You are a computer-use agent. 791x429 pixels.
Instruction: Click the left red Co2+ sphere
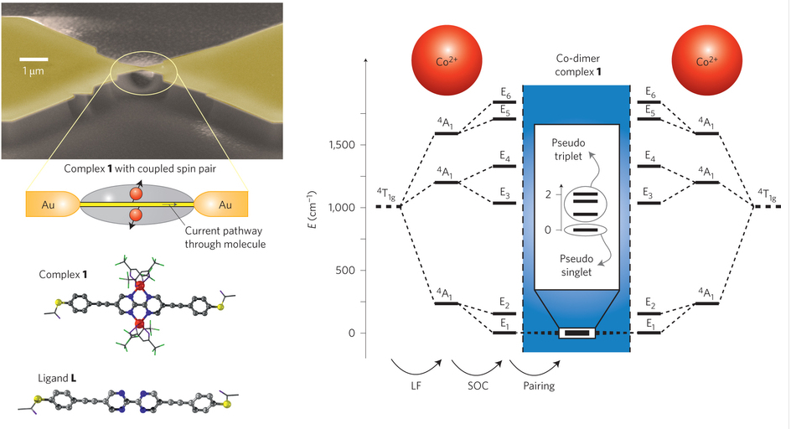pos(445,62)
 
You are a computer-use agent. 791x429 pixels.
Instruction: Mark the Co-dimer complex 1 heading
pos(576,65)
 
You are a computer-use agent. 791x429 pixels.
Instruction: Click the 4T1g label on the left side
pos(386,194)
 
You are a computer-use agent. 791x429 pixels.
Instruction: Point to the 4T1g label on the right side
pos(768,194)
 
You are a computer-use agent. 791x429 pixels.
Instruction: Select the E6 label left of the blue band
pos(504,92)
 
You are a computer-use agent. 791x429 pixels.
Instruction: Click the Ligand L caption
pos(59,370)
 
